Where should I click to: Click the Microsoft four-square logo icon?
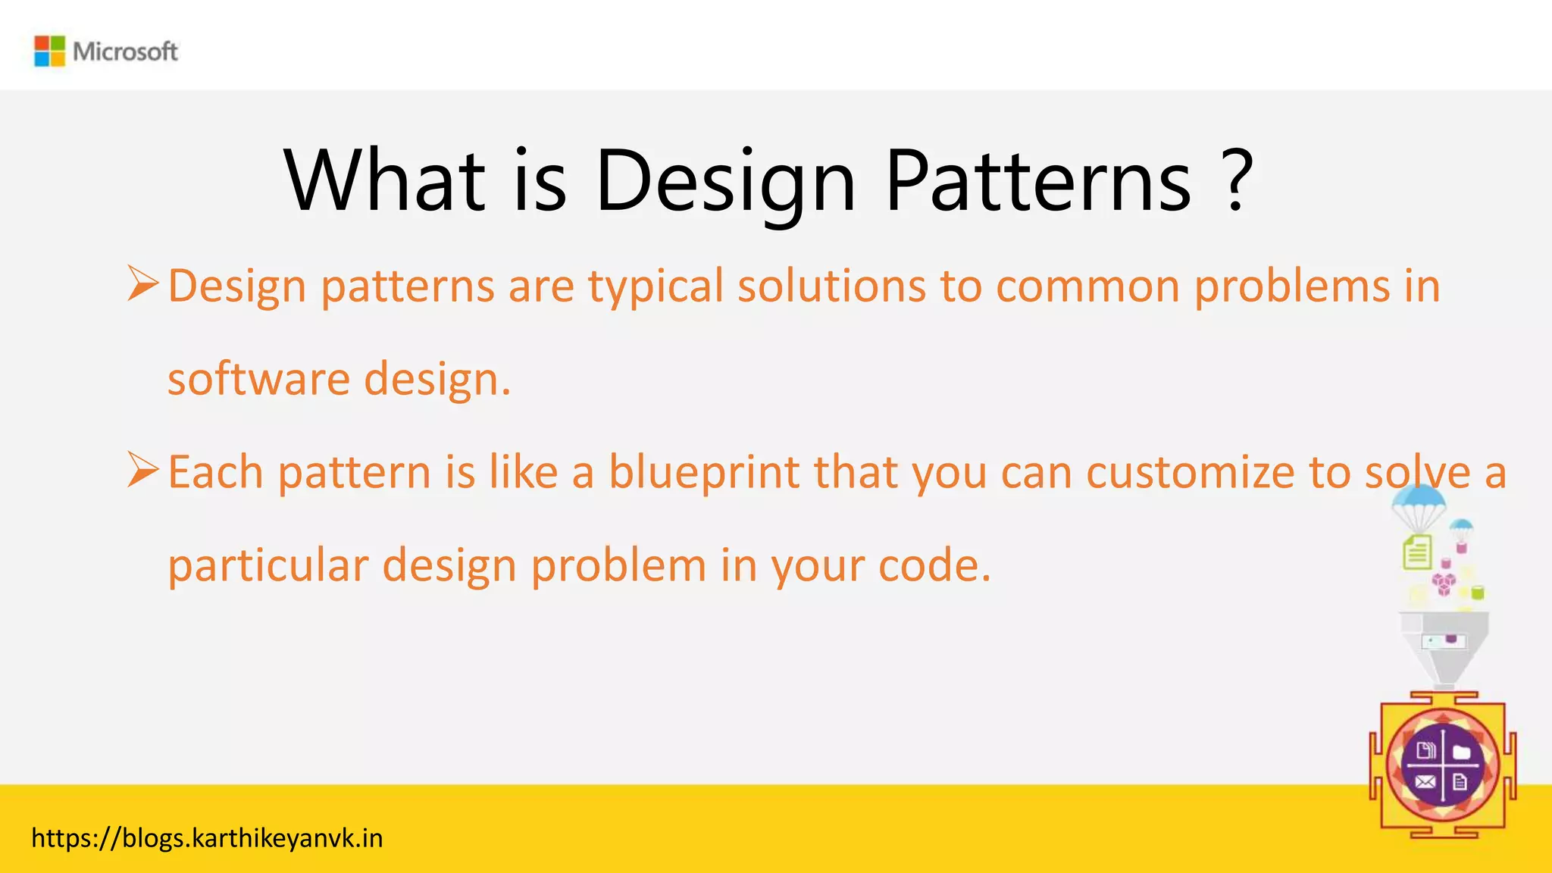[x=50, y=52]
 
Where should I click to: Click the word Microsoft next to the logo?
[x=125, y=52]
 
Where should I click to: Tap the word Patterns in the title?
[x=1037, y=182]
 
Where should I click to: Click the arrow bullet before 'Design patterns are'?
[x=142, y=284]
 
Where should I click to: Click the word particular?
[x=268, y=566]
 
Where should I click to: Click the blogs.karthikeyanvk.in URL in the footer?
[x=207, y=838]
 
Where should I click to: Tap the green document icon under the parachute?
[x=1417, y=552]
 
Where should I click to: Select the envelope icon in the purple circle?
[x=1425, y=782]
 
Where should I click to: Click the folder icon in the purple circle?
[x=1461, y=752]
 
